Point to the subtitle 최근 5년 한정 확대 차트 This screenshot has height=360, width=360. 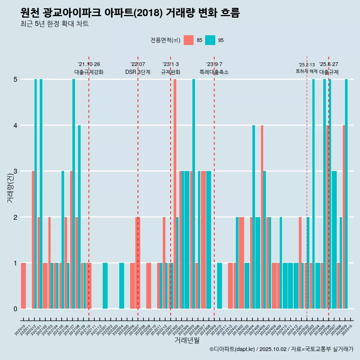coord(54,24)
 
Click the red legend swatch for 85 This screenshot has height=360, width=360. coord(189,40)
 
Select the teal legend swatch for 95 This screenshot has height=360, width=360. coord(210,40)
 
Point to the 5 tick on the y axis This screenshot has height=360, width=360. coord(15,79)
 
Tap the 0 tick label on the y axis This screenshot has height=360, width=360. coord(15,309)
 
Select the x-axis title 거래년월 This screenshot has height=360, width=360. coord(187,340)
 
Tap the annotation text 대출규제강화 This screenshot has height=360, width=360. coord(89,72)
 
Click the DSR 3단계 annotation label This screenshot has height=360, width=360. coord(138,72)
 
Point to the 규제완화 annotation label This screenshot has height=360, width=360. coord(171,72)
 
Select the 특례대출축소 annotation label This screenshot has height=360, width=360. coord(214,72)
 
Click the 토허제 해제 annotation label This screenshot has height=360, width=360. coord(307,71)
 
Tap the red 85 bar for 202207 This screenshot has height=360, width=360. coord(138,262)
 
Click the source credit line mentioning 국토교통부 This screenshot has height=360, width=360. coord(281,349)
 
